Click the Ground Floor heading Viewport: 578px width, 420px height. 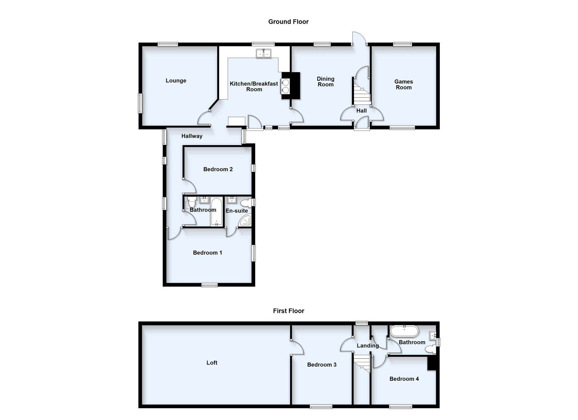pyautogui.click(x=288, y=22)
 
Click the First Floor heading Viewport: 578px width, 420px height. pyautogui.click(x=288, y=311)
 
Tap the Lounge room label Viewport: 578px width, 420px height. pyautogui.click(x=176, y=81)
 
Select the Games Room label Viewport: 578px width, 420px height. pyautogui.click(x=404, y=85)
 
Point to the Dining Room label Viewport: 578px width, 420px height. pyautogui.click(x=326, y=82)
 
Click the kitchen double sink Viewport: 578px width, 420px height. pyautogui.click(x=264, y=54)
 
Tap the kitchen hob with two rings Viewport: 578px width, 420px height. pyautogui.click(x=285, y=86)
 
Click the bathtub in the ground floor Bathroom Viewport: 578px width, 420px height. pyautogui.click(x=216, y=212)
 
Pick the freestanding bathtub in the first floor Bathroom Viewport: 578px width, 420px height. pyautogui.click(x=404, y=331)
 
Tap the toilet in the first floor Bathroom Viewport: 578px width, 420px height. pyautogui.click(x=430, y=349)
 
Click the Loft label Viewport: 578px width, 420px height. pyautogui.click(x=212, y=363)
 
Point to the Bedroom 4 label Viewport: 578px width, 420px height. pyautogui.click(x=404, y=379)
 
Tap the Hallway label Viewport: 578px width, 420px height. pyautogui.click(x=192, y=136)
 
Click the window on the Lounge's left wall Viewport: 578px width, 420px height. pyautogui.click(x=140, y=103)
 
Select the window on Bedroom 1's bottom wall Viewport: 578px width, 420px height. pyautogui.click(x=210, y=285)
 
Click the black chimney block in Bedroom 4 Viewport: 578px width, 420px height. pyautogui.click(x=432, y=363)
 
